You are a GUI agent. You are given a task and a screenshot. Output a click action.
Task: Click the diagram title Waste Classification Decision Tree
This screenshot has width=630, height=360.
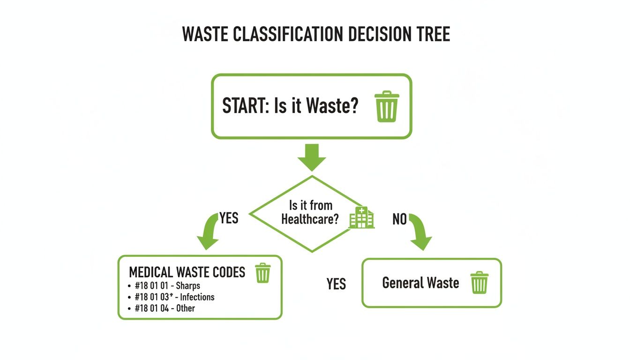[315, 35]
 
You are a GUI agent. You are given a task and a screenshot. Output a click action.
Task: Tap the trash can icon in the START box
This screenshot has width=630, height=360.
[387, 107]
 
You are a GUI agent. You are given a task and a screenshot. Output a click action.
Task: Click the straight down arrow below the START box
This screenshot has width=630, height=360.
[312, 157]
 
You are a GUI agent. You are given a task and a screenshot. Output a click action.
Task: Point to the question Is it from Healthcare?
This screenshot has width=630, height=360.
[310, 212]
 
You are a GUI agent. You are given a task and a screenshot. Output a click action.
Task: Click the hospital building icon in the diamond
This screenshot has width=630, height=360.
[362, 217]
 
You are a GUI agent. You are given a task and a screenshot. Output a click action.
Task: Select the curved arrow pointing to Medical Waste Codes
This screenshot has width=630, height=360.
[208, 232]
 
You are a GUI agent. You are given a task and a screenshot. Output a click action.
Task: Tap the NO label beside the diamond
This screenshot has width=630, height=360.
[399, 219]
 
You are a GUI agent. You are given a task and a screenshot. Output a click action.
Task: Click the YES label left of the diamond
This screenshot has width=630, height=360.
[228, 218]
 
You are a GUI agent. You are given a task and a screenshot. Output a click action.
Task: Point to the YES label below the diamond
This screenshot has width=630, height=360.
[336, 284]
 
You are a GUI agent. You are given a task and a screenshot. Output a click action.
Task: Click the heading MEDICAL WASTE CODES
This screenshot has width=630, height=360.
[187, 272]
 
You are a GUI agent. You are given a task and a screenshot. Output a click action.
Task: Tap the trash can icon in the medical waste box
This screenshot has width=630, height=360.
[262, 273]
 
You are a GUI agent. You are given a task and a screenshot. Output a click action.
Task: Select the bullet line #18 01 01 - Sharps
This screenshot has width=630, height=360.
[167, 285]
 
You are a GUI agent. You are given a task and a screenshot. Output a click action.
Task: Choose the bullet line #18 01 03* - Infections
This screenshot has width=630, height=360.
[174, 297]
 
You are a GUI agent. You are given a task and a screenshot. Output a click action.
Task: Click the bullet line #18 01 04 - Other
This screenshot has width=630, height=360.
[164, 308]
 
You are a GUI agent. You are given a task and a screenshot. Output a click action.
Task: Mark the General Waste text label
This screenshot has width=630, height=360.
[420, 283]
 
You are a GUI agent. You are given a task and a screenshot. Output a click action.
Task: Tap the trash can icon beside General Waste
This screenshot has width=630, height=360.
[479, 283]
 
